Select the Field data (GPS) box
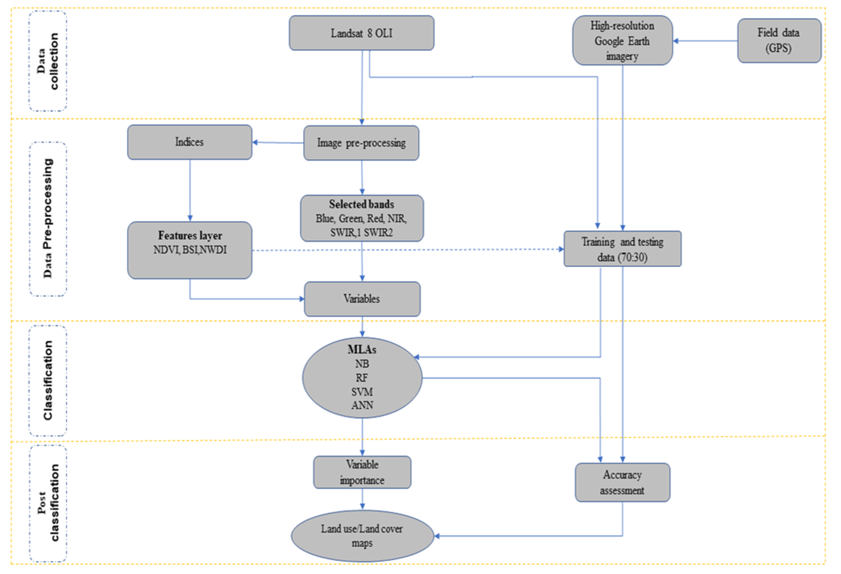tap(779, 41)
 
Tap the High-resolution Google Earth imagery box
tap(622, 41)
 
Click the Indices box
tap(189, 142)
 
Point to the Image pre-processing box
tap(361, 143)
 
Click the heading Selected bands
tap(361, 204)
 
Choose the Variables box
tap(362, 299)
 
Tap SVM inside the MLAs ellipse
tap(362, 392)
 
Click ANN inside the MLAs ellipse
tap(362, 405)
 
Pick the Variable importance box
tap(362, 472)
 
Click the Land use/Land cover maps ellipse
tap(362, 536)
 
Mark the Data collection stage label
tap(48, 61)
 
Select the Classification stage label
tap(48, 380)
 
